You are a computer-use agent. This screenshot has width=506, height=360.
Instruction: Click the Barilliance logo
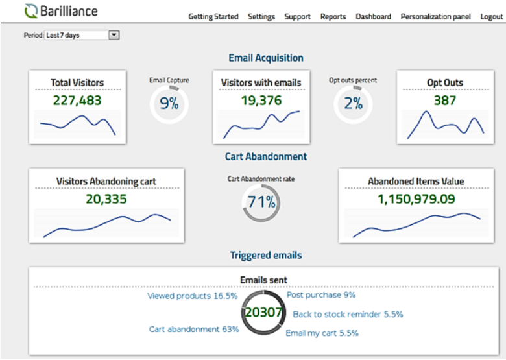tap(60, 11)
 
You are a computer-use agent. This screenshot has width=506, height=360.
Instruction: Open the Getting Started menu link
tap(213, 17)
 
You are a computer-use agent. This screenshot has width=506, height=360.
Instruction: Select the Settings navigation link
tap(261, 17)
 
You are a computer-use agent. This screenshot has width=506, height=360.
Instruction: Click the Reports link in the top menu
tap(333, 17)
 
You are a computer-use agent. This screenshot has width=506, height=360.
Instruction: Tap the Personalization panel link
tap(436, 17)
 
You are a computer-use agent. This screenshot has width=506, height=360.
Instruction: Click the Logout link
tap(491, 17)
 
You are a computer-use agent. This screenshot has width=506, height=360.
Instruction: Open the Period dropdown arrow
tap(114, 35)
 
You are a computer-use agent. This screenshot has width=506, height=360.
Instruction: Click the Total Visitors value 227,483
tap(77, 101)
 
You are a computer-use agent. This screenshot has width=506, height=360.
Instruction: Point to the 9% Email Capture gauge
tap(169, 103)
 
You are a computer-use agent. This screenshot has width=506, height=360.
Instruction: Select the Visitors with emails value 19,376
tap(261, 101)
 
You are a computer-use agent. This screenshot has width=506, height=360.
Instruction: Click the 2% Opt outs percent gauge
tap(353, 103)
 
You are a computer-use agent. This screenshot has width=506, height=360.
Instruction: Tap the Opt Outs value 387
tap(445, 101)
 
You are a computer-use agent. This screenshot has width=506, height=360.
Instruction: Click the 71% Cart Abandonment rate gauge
tap(261, 202)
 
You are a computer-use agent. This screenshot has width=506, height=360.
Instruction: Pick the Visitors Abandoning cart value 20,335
tap(106, 199)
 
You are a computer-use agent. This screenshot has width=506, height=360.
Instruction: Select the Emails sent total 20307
tap(263, 313)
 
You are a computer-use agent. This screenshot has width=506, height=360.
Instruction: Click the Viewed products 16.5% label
tap(193, 296)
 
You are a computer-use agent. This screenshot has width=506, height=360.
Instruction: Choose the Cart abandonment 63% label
tap(194, 329)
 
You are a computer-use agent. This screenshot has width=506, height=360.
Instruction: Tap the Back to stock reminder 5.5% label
tap(348, 314)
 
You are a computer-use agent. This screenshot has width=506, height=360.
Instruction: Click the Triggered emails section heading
tap(266, 255)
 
